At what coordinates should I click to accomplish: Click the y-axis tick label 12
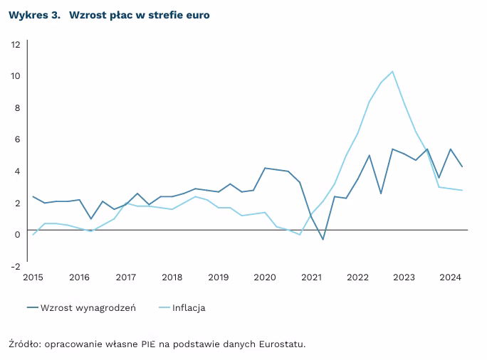click(x=16, y=44)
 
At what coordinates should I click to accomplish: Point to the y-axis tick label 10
click(x=16, y=76)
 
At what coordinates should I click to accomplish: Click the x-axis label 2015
click(x=33, y=277)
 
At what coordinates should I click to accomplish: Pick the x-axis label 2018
click(x=172, y=277)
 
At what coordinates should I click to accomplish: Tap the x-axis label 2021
click(x=311, y=277)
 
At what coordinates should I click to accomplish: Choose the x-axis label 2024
click(x=450, y=277)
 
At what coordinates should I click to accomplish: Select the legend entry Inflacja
click(x=189, y=308)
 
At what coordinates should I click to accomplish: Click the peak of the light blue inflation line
click(x=392, y=71)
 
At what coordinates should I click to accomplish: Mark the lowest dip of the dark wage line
click(x=323, y=240)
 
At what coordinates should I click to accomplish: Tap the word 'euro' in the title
click(x=197, y=15)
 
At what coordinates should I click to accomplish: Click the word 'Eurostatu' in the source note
click(x=282, y=344)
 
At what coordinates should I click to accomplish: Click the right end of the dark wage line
click(x=463, y=167)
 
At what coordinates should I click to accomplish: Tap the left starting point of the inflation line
click(x=33, y=235)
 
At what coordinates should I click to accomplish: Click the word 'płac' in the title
click(x=118, y=15)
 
